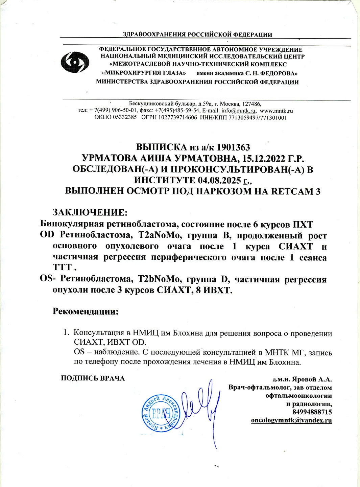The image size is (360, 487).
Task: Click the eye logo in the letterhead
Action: (75, 62)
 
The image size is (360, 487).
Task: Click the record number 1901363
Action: (233, 147)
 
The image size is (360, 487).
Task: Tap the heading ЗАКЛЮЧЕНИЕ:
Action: (90, 212)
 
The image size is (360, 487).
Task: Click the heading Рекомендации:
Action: (86, 311)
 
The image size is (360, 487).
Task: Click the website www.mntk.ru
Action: (276, 111)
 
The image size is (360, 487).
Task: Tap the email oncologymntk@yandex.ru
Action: (291, 420)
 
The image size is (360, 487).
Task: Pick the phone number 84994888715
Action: (312, 412)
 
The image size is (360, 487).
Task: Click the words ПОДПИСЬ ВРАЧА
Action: (93, 378)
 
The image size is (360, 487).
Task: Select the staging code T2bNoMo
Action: (159, 279)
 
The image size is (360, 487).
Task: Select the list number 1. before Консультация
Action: (67, 333)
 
